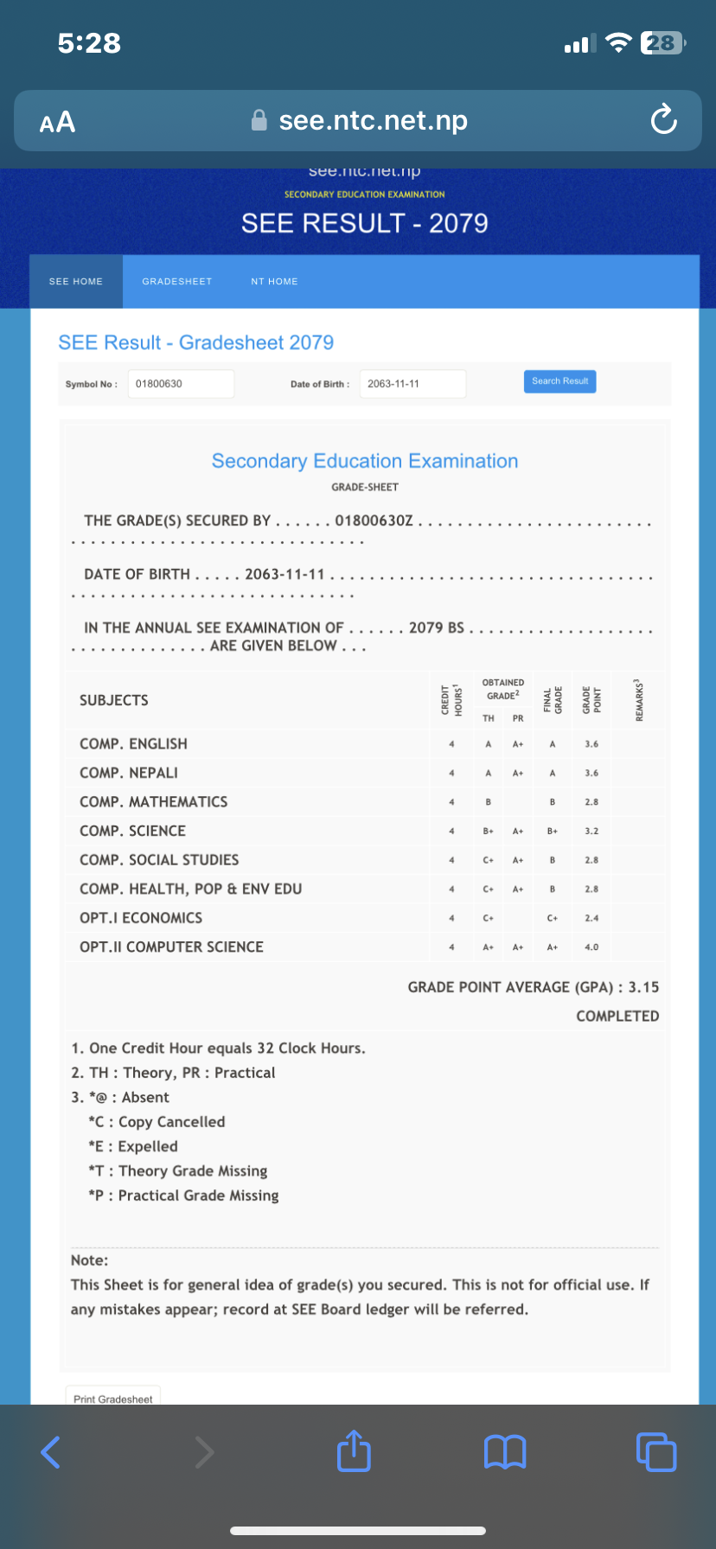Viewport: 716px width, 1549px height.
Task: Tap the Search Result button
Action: point(559,381)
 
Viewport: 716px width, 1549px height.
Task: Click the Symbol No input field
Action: point(181,384)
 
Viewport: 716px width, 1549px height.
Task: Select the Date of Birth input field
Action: point(412,384)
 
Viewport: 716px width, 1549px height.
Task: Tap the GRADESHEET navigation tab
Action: point(177,282)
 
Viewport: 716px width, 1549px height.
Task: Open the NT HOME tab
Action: point(274,282)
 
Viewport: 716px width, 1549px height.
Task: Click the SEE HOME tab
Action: point(76,282)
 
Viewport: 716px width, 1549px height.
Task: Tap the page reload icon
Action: point(663,120)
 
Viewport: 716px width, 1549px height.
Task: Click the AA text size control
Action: point(57,123)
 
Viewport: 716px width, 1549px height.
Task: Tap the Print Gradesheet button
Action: point(113,1399)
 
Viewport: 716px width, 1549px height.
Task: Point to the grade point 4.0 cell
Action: point(591,947)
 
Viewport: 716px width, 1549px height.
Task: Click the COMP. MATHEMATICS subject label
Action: point(154,802)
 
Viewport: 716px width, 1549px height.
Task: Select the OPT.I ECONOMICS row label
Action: point(141,918)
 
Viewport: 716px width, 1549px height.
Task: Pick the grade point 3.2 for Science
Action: point(591,832)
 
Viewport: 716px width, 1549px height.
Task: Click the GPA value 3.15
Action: point(643,987)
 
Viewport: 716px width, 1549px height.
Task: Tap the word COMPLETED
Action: point(617,1017)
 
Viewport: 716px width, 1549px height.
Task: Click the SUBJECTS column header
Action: point(114,700)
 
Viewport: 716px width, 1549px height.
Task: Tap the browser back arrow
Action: point(51,1452)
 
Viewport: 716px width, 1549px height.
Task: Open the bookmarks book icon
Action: point(505,1452)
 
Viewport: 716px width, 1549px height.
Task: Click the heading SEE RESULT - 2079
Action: point(364,224)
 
